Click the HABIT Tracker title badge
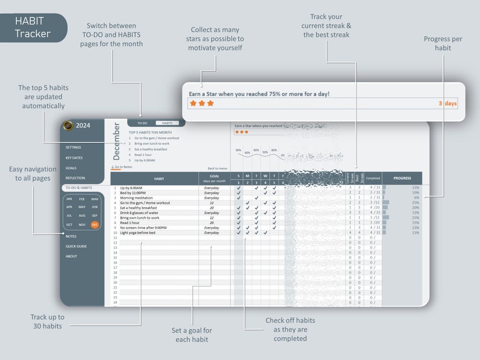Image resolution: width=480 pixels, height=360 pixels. tap(33, 28)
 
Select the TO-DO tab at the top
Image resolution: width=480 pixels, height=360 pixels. tap(142, 123)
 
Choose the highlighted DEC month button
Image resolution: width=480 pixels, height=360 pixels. tap(95, 225)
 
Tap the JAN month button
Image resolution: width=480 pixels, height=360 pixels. tap(69, 199)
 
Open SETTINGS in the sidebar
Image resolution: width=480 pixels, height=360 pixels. tap(73, 147)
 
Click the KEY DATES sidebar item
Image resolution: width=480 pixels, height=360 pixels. tap(74, 158)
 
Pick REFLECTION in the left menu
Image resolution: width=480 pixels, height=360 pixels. tap(75, 178)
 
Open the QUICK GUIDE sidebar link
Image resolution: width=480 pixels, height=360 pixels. tap(76, 246)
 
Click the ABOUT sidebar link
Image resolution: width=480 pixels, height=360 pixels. tap(71, 256)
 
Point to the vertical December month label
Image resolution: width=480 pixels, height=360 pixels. tap(117, 141)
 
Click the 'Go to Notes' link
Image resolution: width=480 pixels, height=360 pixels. tap(123, 167)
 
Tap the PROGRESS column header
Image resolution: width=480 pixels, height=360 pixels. tap(402, 178)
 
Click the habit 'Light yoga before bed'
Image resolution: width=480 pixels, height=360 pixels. tap(137, 233)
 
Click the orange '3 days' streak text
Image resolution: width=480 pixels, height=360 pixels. tap(447, 103)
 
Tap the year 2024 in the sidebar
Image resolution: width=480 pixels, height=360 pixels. tap(83, 126)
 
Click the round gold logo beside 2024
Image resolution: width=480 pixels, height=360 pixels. tap(68, 126)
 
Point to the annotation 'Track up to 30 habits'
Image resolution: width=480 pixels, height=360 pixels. tap(47, 321)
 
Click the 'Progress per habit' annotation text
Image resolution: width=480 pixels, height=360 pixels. tap(443, 43)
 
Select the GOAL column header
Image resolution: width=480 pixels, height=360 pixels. tap(214, 178)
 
